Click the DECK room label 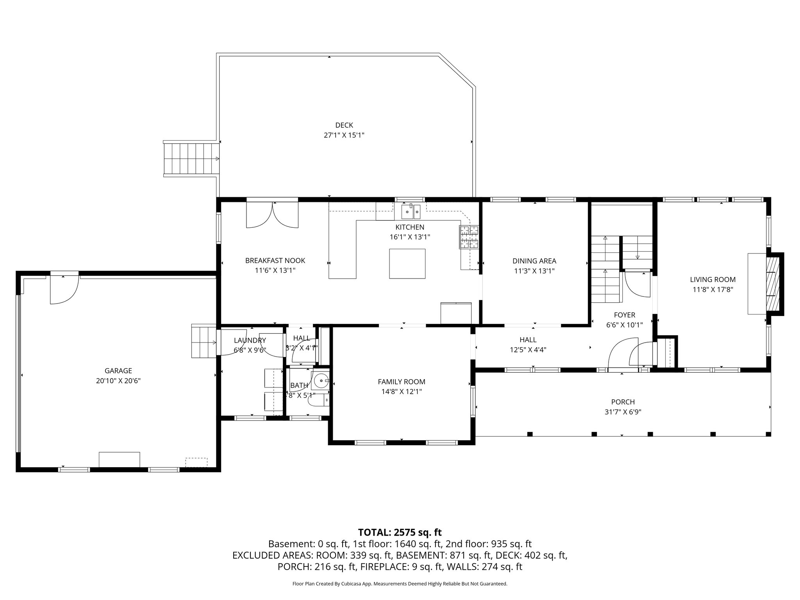tap(344, 125)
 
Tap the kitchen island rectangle tap(407, 264)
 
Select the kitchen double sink tap(411, 212)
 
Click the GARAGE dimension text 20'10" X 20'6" tap(118, 381)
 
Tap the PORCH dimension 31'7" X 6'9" tap(623, 412)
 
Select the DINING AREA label tap(534, 261)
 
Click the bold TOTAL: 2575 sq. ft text tap(400, 532)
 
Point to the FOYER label tap(624, 315)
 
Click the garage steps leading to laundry tap(204, 341)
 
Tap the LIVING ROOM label tap(712, 279)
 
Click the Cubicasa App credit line tap(400, 584)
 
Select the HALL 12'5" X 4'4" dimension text tap(528, 350)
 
